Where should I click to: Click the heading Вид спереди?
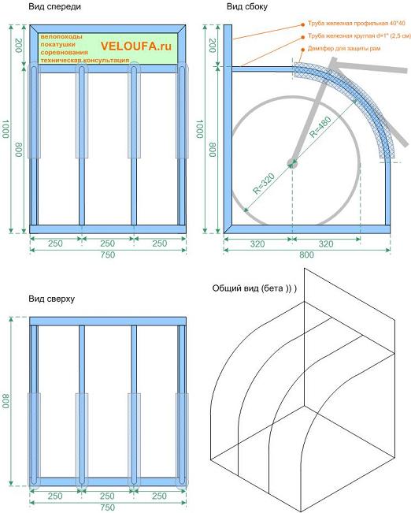click(54, 7)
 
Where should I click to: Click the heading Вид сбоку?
click(247, 7)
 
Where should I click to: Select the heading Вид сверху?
click(52, 299)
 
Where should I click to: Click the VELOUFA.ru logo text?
click(136, 46)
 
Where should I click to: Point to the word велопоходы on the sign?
click(61, 36)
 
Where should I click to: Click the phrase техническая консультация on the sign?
click(85, 60)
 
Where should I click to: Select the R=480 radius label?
click(320, 127)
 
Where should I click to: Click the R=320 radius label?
click(264, 184)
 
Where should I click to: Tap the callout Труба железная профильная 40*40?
click(357, 24)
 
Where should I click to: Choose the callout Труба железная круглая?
click(359, 36)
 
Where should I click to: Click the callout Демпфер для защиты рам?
click(344, 49)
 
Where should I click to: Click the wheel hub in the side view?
click(292, 163)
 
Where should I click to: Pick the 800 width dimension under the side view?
click(306, 255)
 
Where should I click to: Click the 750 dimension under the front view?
click(108, 255)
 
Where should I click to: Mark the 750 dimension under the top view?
click(108, 507)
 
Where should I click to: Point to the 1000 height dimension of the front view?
click(6, 128)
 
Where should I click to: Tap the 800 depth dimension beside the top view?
click(6, 401)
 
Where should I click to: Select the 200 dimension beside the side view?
click(213, 46)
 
